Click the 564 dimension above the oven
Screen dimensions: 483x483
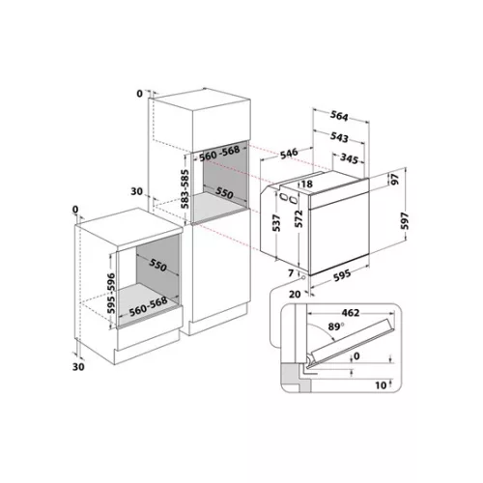(x=339, y=117)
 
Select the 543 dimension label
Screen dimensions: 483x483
(x=339, y=137)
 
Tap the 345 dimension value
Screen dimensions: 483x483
(x=349, y=158)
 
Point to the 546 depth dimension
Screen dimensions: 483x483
(x=289, y=154)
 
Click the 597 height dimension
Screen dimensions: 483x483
(x=405, y=220)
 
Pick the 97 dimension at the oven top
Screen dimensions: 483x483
(x=395, y=179)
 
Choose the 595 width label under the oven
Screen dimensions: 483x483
(x=342, y=275)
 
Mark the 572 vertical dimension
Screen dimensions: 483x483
(x=299, y=219)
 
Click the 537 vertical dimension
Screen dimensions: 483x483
(x=276, y=223)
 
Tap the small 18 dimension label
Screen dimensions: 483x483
(x=307, y=184)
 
